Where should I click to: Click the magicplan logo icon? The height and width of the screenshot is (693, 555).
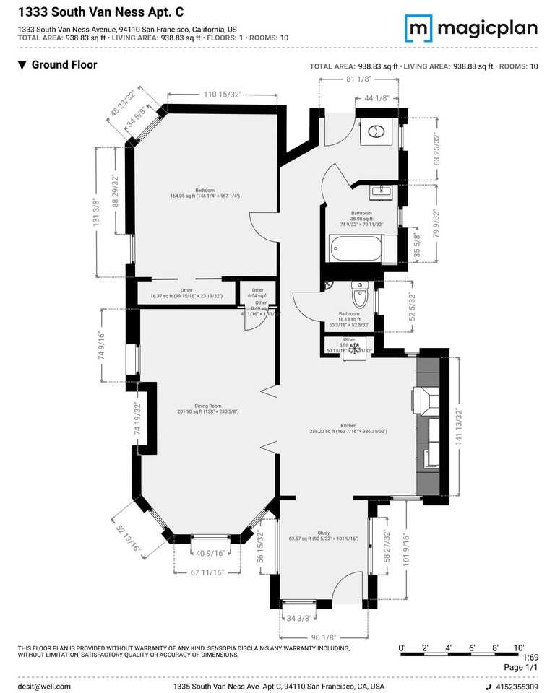[x=418, y=27]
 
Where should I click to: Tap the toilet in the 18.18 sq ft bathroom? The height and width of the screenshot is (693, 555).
[x=360, y=295]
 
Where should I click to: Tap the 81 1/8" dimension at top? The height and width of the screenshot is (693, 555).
[x=358, y=79]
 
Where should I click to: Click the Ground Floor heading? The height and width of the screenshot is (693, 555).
[x=64, y=65]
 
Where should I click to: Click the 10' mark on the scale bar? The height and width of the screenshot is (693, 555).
[x=517, y=648]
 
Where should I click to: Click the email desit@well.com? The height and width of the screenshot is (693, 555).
[x=44, y=687]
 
